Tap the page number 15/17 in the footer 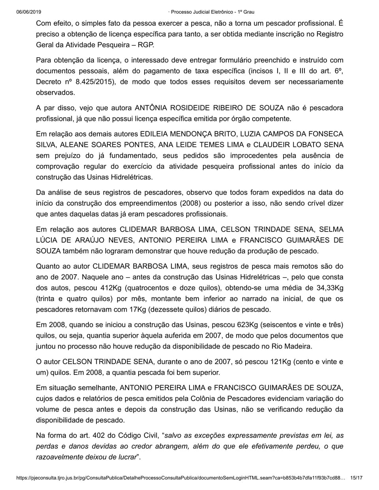pyautogui.click(x=356, y=478)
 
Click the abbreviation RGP pyautogui.click(x=146, y=45)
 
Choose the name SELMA pyautogui.click(x=331, y=229)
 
